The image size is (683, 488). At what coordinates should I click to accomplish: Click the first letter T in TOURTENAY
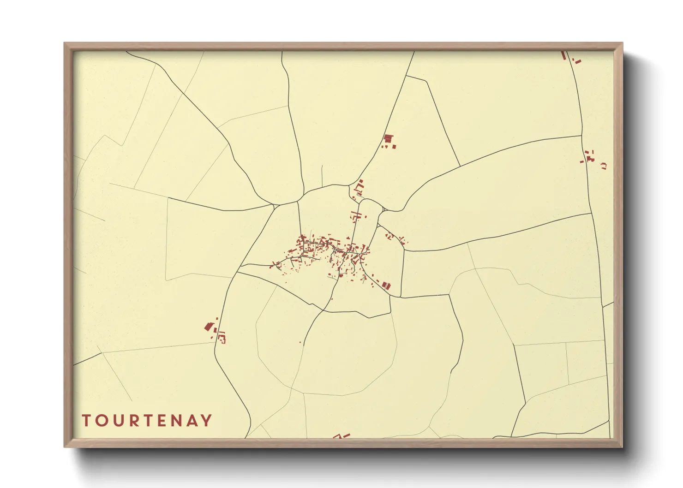pos(86,421)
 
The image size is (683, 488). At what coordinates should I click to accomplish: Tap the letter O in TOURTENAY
pos(101,421)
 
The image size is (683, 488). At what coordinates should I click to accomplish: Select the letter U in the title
pos(117,421)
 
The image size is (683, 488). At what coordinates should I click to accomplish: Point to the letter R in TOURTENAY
pos(132,421)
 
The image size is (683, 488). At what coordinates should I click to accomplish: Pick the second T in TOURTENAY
pos(147,421)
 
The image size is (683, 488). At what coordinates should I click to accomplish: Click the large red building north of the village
pos(388,138)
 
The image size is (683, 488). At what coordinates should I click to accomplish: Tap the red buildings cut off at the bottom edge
pos(341,436)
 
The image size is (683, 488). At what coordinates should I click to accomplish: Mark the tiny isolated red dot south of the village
pos(300,342)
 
